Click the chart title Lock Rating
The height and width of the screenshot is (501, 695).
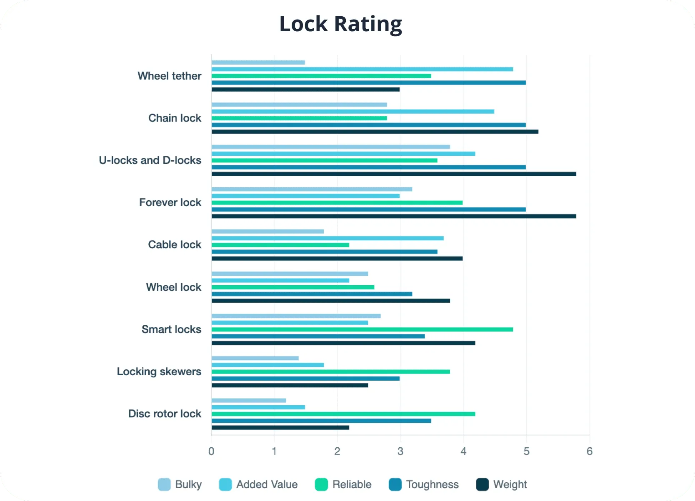pos(340,24)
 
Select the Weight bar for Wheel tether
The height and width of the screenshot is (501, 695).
pos(305,90)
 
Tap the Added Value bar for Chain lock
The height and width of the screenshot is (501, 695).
pos(352,112)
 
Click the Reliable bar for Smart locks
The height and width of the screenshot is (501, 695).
pos(362,329)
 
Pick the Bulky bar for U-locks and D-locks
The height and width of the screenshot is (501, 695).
pos(330,147)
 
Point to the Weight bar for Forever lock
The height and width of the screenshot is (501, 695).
pos(394,216)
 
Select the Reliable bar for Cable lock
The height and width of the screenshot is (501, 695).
pos(280,245)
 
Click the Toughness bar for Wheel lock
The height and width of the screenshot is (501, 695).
pos(312,294)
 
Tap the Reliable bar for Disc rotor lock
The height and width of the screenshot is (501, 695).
pos(343,414)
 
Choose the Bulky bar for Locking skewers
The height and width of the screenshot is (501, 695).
pos(255,358)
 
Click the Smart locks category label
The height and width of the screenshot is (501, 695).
pos(171,329)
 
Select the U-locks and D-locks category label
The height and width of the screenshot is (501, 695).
pos(150,160)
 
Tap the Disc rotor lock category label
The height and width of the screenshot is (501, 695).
pos(165,414)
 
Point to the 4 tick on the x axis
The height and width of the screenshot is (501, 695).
pos(463,451)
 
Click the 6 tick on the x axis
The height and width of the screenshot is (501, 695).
pos(589,451)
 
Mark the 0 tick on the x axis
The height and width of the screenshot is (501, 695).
pos(211,451)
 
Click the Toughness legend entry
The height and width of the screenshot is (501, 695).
pos(424,484)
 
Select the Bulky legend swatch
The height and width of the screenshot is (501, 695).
pos(164,484)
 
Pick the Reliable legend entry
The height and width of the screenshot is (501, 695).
pos(343,484)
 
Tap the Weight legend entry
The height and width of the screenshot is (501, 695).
pos(501,484)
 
